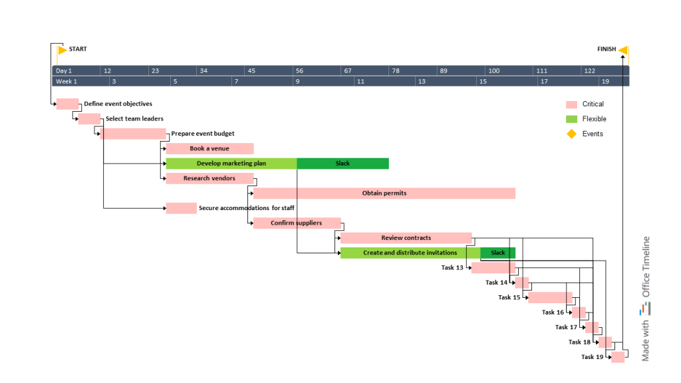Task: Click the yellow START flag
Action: [x=62, y=50]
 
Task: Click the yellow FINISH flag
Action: [x=623, y=50]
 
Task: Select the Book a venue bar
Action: [x=209, y=149]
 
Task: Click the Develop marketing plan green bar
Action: [x=231, y=164]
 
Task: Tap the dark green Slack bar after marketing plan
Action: [x=342, y=164]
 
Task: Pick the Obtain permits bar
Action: [x=384, y=193]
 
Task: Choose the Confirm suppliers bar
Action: [x=297, y=223]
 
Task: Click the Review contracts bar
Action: [x=406, y=238]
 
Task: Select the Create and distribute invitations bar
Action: [x=410, y=253]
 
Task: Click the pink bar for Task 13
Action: [x=493, y=268]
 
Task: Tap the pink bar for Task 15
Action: [x=550, y=297]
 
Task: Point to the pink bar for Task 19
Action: [x=618, y=357]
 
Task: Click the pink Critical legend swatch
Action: [x=571, y=104]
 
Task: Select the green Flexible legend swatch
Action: [x=571, y=119]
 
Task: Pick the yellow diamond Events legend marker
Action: [x=571, y=134]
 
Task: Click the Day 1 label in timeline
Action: [x=64, y=70]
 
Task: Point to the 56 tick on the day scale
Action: [x=299, y=70]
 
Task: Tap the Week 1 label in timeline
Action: [x=66, y=82]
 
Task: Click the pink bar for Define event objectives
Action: [x=67, y=104]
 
